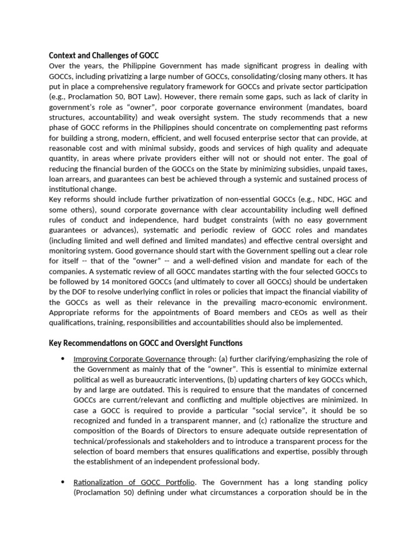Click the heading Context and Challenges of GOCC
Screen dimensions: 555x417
pos(104,55)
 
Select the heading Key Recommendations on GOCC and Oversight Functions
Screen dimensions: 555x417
pos(146,343)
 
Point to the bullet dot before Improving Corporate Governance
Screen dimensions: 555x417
pos(63,359)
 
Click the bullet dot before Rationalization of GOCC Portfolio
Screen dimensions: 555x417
pos(63,482)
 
